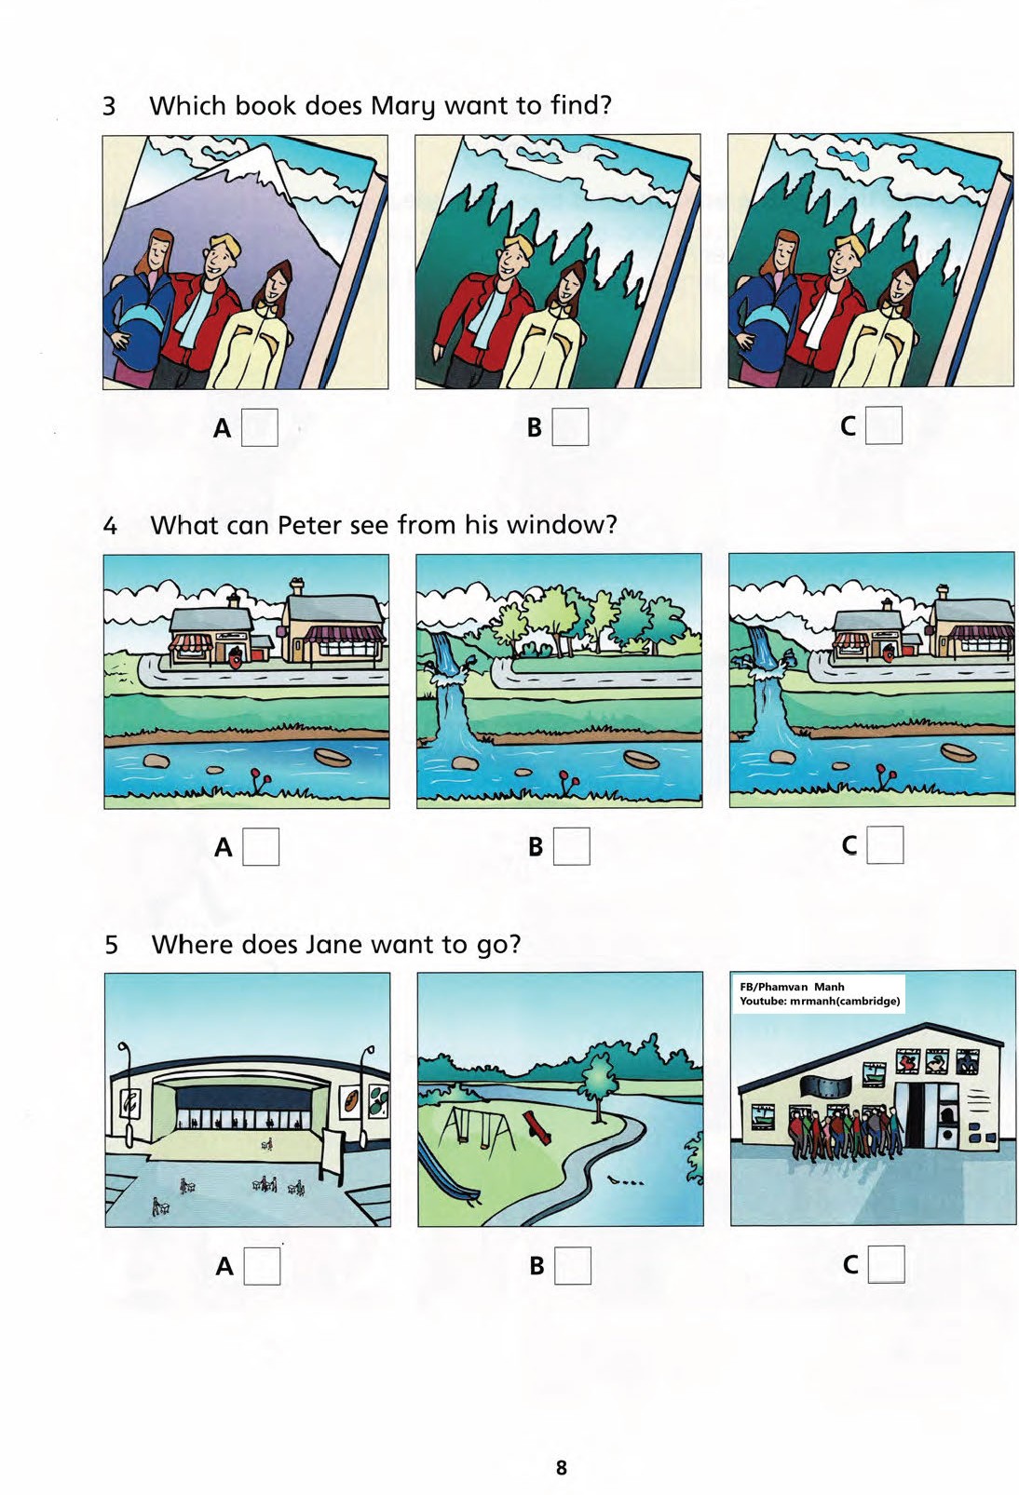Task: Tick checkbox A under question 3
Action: tap(260, 427)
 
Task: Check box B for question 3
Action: tap(571, 426)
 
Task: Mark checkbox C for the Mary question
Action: tap(883, 425)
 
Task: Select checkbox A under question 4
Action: tap(261, 847)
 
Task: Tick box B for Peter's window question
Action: tap(572, 846)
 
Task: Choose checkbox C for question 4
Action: tap(885, 845)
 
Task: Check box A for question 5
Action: tap(262, 1266)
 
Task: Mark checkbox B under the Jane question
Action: tap(573, 1265)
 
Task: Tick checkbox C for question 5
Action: tap(886, 1264)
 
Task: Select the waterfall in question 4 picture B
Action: tap(446, 687)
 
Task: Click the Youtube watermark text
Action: tap(820, 1001)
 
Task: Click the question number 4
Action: tap(111, 526)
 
